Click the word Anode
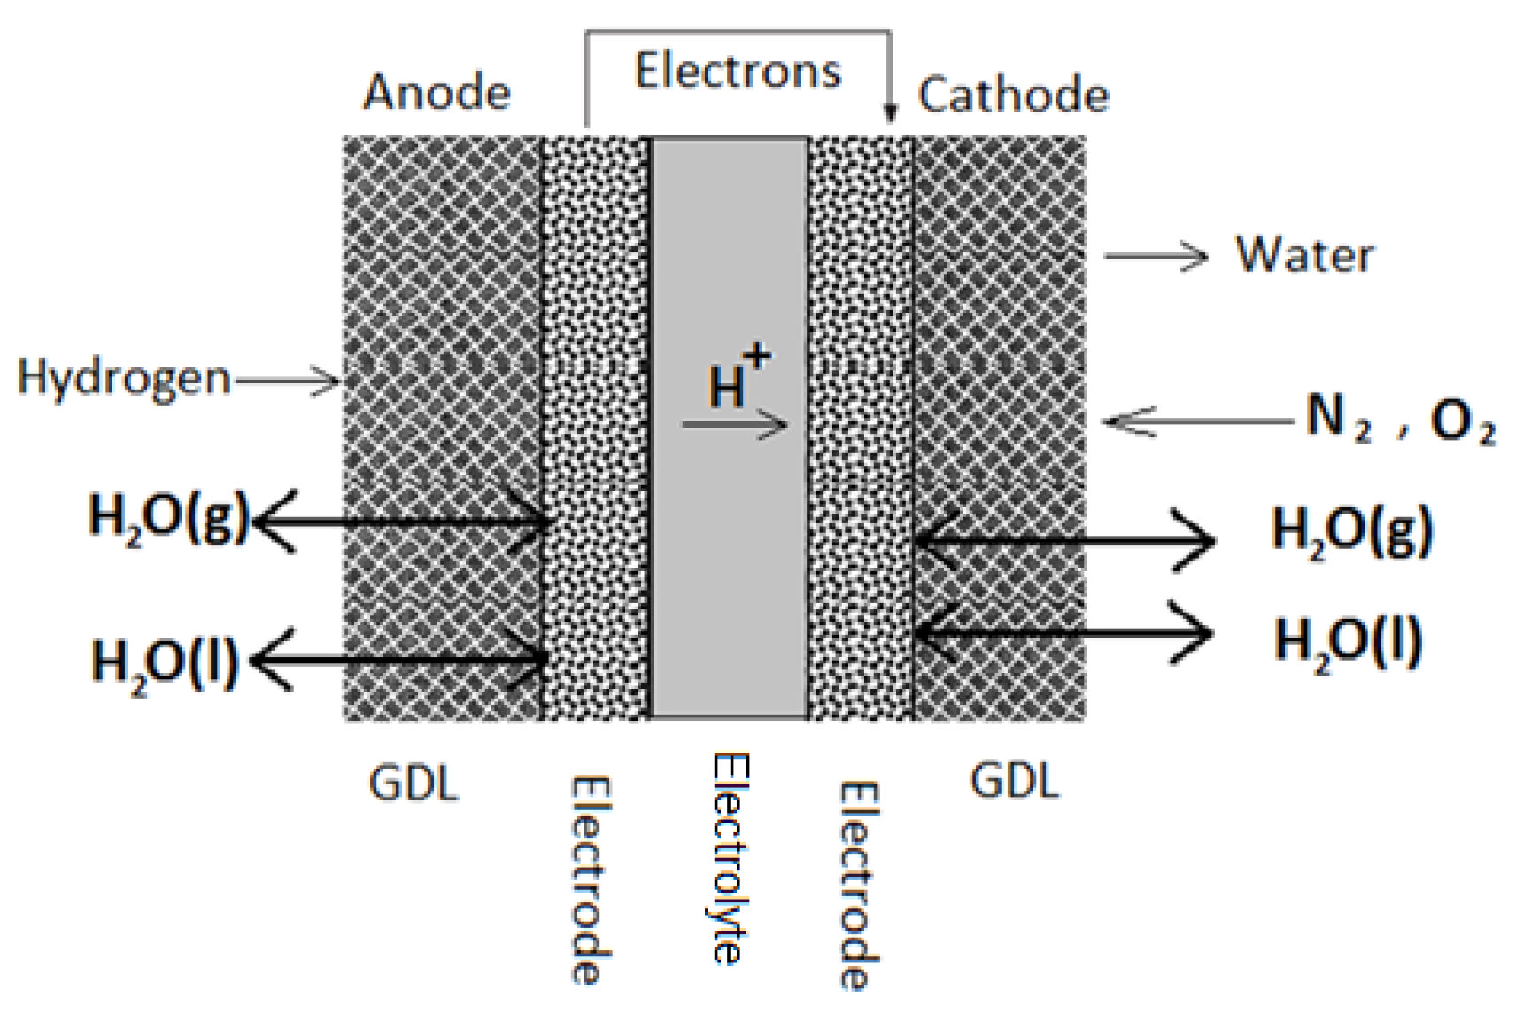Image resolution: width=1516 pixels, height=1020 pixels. (x=437, y=92)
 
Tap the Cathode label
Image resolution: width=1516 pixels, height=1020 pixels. (x=1013, y=95)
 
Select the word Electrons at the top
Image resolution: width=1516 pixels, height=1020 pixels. (x=738, y=71)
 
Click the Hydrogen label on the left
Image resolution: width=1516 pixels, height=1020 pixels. (x=124, y=377)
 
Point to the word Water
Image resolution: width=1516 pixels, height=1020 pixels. (x=1304, y=255)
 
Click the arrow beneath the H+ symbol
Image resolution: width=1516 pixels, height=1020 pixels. (x=735, y=426)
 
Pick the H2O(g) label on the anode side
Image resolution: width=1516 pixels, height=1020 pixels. (x=168, y=516)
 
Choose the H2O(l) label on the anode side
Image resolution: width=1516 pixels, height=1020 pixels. (x=165, y=661)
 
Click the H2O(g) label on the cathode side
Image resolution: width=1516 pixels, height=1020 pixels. (x=1351, y=530)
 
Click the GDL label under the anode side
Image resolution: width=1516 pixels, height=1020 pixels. (x=414, y=784)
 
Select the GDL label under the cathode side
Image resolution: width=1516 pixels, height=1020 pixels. (x=1015, y=781)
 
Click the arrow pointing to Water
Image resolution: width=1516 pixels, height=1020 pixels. (x=1156, y=257)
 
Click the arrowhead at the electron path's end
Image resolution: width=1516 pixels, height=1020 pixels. (x=891, y=113)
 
